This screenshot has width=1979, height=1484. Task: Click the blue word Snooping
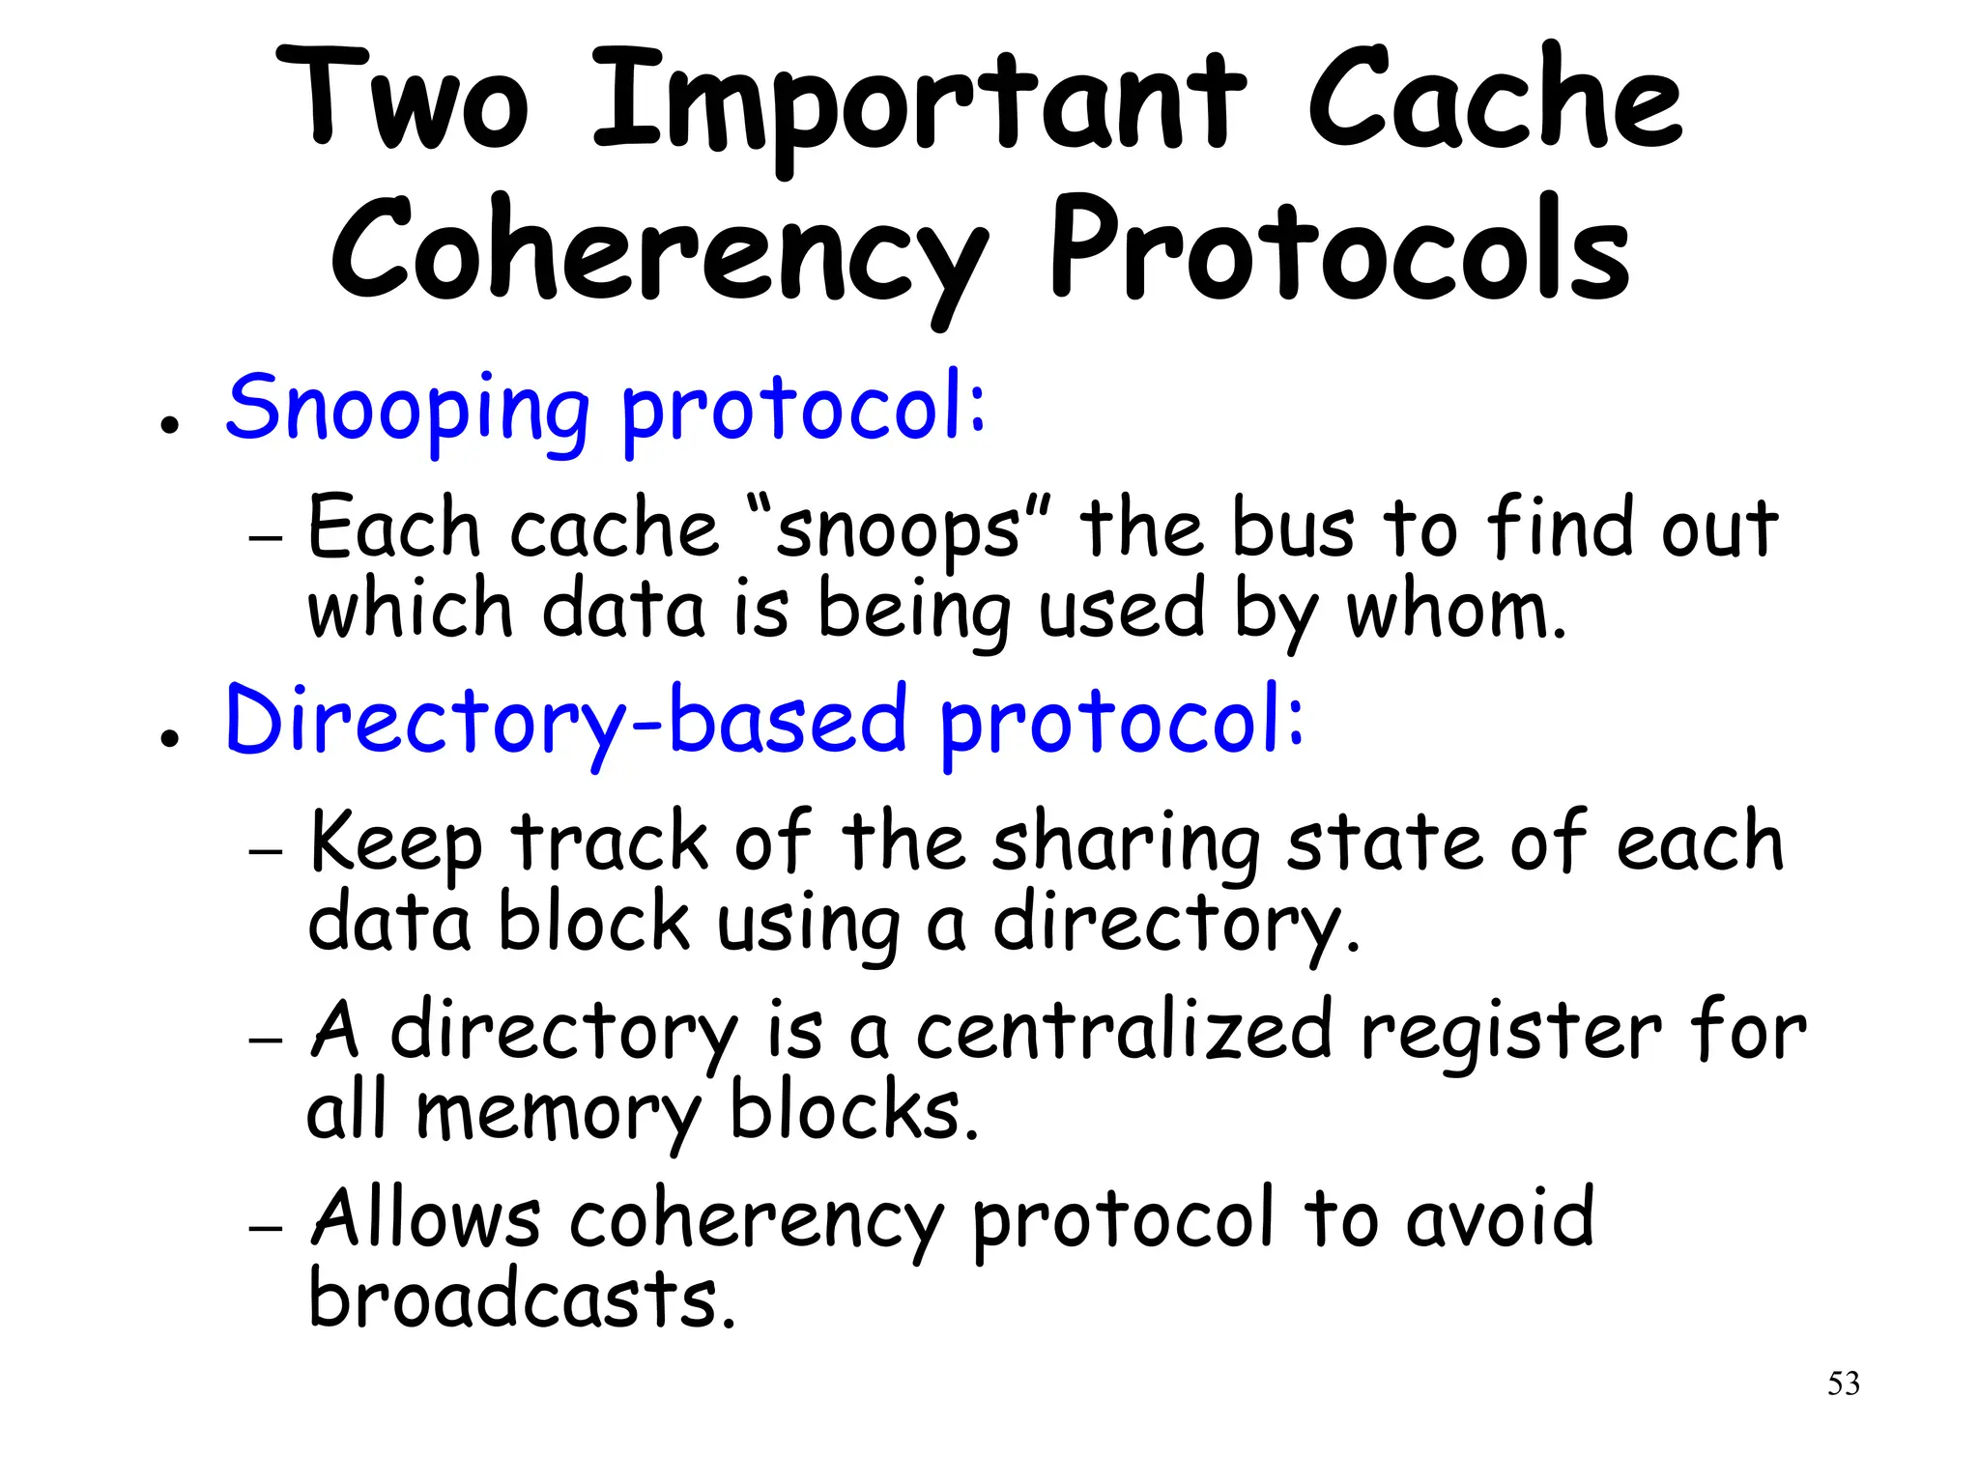click(407, 410)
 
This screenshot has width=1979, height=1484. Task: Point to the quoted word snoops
click(899, 530)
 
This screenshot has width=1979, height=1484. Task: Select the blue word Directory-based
click(566, 721)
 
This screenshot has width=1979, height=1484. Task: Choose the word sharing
click(1126, 845)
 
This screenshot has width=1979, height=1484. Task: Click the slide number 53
click(1843, 1384)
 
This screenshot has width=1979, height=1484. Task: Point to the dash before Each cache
click(265, 536)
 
